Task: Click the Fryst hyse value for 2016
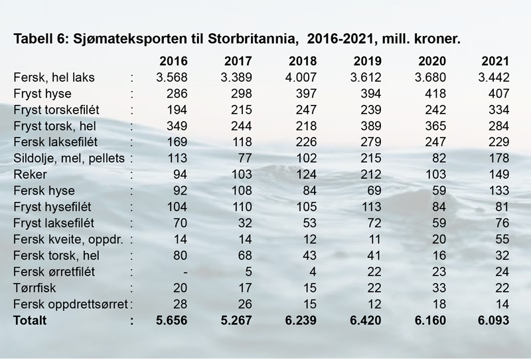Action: click(x=177, y=94)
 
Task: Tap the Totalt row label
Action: click(x=31, y=320)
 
